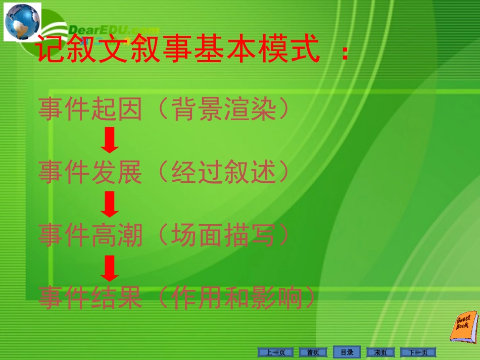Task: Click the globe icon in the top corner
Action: pyautogui.click(x=22, y=22)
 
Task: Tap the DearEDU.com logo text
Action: pyautogui.click(x=113, y=30)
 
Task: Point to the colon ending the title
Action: pyautogui.click(x=345, y=52)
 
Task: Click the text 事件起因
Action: pyautogui.click(x=90, y=109)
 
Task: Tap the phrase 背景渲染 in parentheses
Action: pyautogui.click(x=224, y=109)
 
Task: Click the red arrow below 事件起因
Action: pyautogui.click(x=110, y=141)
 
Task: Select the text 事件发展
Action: pyautogui.click(x=90, y=173)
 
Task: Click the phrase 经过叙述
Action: pyautogui.click(x=224, y=173)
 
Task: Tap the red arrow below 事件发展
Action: pyautogui.click(x=110, y=204)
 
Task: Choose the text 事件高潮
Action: pyautogui.click(x=90, y=235)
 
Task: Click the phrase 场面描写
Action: pyautogui.click(x=224, y=235)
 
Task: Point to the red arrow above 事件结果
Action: pyautogui.click(x=110, y=268)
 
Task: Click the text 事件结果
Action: pyautogui.click(x=90, y=298)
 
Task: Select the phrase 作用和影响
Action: pyautogui.click(x=237, y=298)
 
